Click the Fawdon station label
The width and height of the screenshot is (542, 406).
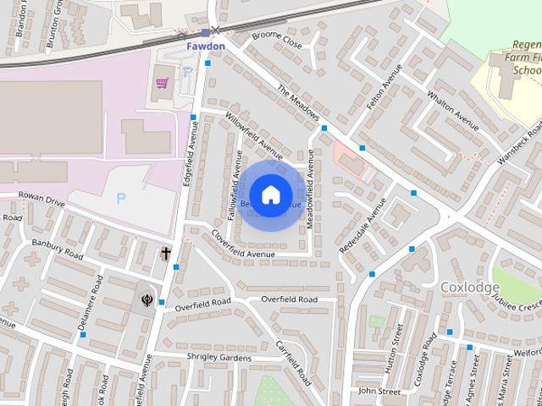[x=206, y=46]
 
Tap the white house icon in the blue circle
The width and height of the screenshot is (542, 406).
[x=270, y=195]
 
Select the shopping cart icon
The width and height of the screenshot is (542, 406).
[x=162, y=84]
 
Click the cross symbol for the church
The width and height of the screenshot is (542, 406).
[x=166, y=253]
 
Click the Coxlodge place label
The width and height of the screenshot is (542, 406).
[x=470, y=288]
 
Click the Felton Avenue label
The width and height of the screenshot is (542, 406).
[x=381, y=93]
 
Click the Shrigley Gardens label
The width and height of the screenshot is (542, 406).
[x=218, y=358]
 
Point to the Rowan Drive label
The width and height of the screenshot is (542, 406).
[x=42, y=203]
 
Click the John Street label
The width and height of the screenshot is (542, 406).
[x=379, y=392]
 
